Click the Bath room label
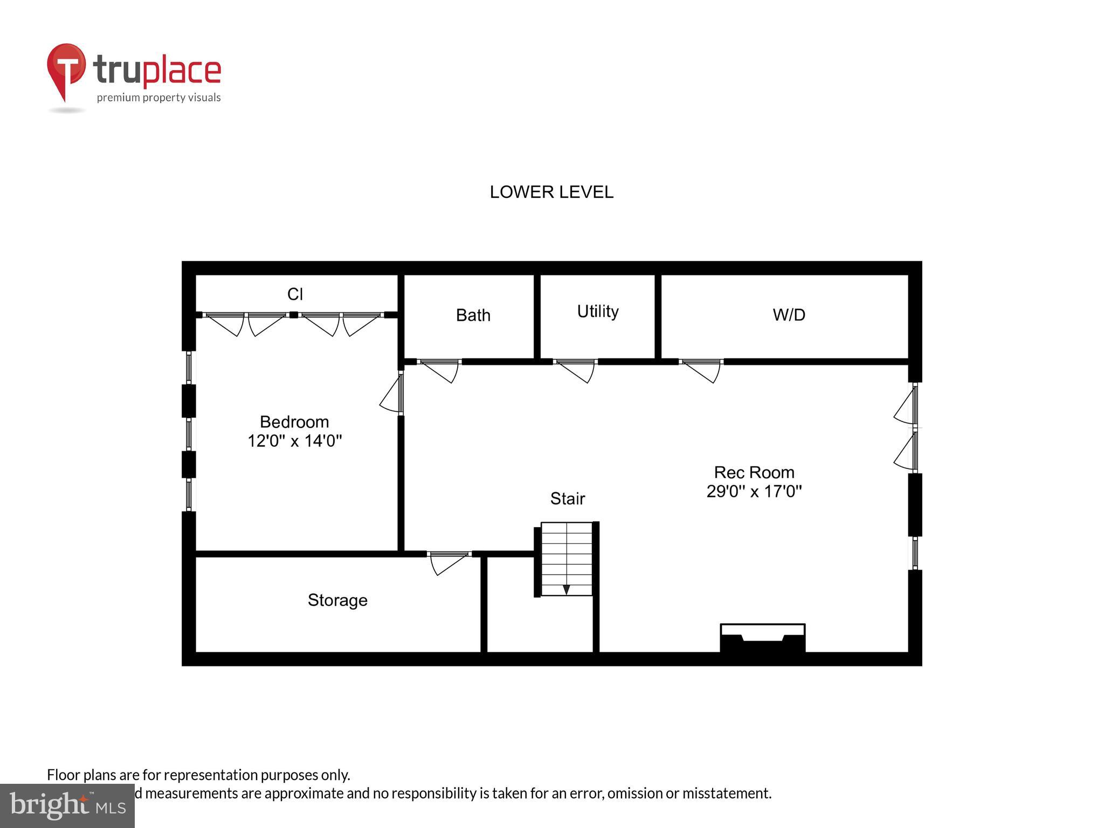[x=473, y=315]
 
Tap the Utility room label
[x=597, y=312]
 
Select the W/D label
[x=789, y=315]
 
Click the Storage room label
[x=337, y=600]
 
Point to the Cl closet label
[x=295, y=294]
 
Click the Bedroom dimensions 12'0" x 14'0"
[x=294, y=441]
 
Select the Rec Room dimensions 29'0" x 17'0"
[x=754, y=491]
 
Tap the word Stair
[x=567, y=499]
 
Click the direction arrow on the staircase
[x=566, y=590]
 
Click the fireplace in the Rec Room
[x=762, y=639]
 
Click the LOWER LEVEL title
[x=551, y=192]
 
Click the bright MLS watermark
[x=67, y=805]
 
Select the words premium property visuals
[x=158, y=98]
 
